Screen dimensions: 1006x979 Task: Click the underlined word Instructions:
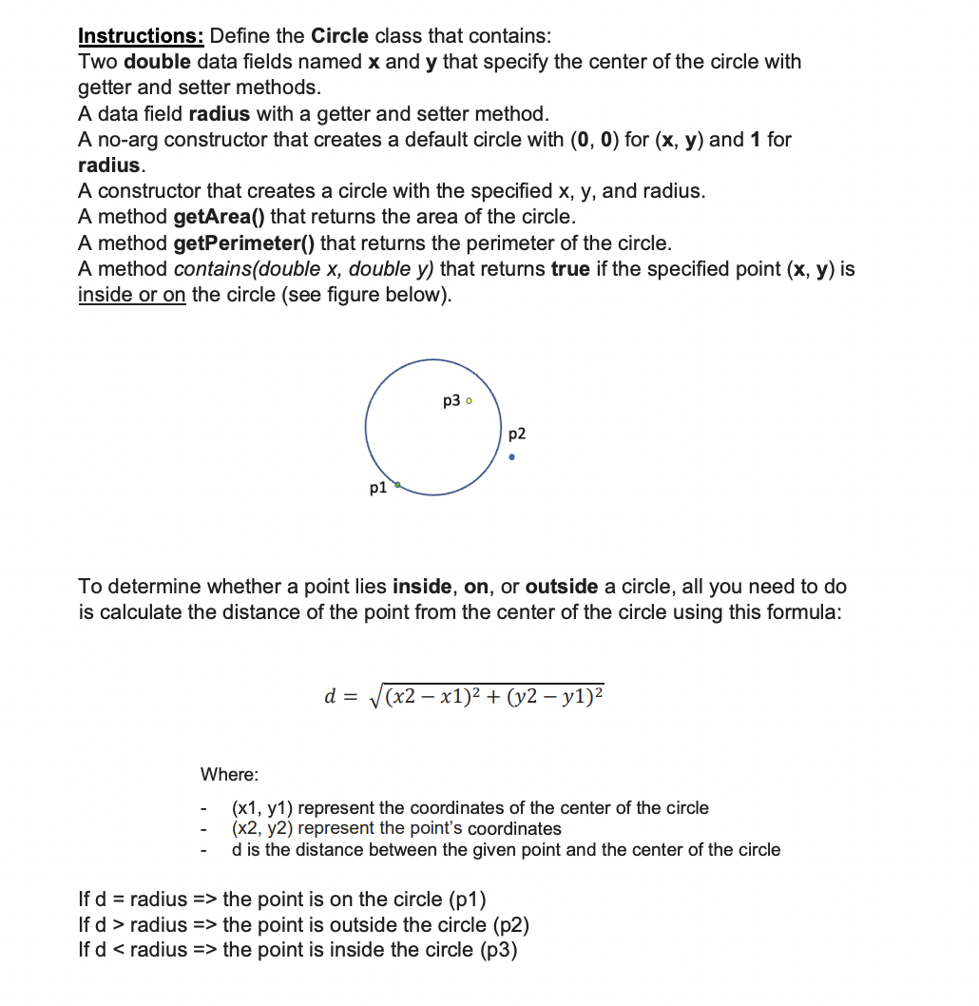[141, 36]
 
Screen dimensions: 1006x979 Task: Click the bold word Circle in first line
[339, 36]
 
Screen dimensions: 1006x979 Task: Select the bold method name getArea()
[222, 217]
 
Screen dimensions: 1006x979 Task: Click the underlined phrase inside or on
[131, 295]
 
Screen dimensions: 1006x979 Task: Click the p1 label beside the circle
[377, 489]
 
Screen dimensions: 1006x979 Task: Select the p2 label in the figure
[517, 434]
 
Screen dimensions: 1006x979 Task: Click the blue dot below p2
[512, 457]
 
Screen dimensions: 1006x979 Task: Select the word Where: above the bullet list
[229, 775]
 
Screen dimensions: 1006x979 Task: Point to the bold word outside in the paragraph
[562, 587]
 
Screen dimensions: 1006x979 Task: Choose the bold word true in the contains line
[570, 269]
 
